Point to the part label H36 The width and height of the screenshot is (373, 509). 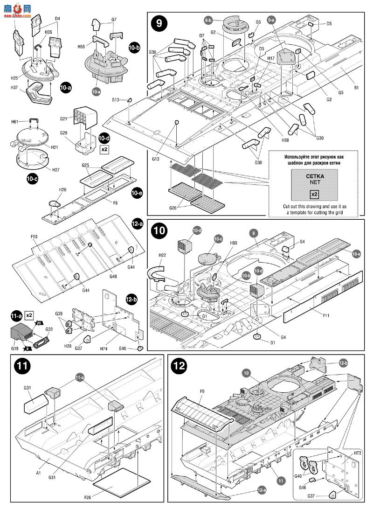(48, 32)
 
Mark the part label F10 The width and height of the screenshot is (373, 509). (34, 237)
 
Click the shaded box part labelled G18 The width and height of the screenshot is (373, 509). (21, 332)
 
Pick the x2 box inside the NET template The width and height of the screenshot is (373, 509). (314, 193)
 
